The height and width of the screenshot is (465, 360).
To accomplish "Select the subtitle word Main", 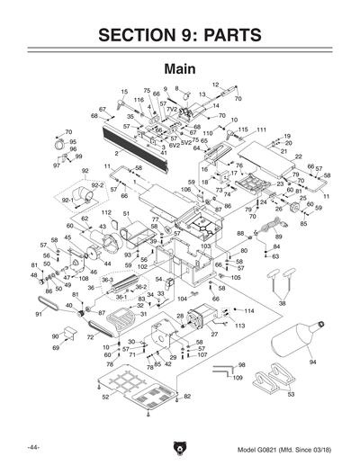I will coord(180,69).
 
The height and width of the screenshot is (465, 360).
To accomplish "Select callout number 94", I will coord(313,362).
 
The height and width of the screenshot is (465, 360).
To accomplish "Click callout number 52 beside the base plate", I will coord(104,397).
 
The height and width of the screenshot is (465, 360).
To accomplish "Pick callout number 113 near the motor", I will coord(240,326).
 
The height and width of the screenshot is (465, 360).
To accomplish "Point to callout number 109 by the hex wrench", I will coord(238,379).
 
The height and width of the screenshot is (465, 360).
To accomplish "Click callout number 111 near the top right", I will coord(262,130).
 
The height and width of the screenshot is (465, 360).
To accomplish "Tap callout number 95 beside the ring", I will coord(73,142).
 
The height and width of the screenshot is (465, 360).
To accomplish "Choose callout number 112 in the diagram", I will coord(106,213).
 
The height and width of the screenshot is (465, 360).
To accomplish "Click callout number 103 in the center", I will coord(205,246).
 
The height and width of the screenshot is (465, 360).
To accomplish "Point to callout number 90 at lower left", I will coord(55,335).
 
